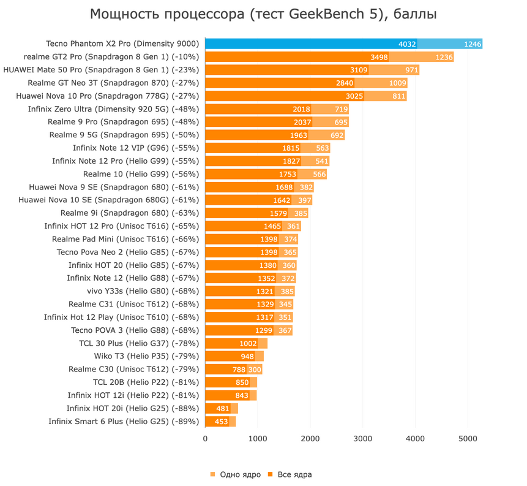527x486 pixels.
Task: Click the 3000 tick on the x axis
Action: tap(363, 439)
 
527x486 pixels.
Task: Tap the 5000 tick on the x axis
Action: tap(468, 439)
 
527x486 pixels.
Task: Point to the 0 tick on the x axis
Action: tap(205, 439)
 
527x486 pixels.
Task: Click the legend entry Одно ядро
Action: tap(236, 474)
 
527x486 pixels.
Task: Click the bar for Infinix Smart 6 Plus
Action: tap(220, 422)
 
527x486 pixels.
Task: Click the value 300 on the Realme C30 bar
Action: tap(255, 370)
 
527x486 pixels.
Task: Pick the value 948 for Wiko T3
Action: tap(248, 356)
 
